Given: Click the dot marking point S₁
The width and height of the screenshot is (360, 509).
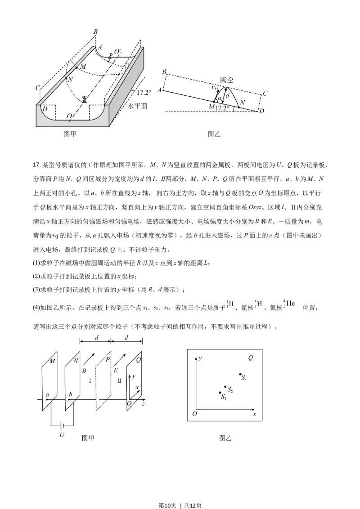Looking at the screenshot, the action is coord(220,393).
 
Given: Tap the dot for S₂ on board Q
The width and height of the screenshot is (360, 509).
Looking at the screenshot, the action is coord(225,387).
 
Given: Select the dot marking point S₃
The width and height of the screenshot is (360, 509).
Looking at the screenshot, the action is coord(240,375).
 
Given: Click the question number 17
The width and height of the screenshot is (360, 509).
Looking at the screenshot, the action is coord(36,165).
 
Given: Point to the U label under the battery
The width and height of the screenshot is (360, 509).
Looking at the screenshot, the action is coord(62,435).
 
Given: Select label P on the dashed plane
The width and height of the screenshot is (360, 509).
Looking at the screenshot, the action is coord(108,360).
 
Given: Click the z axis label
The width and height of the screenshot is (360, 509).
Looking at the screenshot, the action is coord(143,403).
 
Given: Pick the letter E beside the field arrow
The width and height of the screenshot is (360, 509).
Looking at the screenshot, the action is coord(116,370).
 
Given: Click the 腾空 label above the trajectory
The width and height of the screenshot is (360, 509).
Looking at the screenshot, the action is coord(226,80).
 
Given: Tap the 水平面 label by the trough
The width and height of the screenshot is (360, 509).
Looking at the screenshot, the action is coord(138,106).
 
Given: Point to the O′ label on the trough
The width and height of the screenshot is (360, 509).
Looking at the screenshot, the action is coord(117,52).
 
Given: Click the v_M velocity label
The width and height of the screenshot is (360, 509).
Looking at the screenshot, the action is coord(215,88).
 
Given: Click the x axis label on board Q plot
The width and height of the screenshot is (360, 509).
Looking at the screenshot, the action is coord(254,414).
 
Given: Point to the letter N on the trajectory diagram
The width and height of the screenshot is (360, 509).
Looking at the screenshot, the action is coord(243,102).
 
